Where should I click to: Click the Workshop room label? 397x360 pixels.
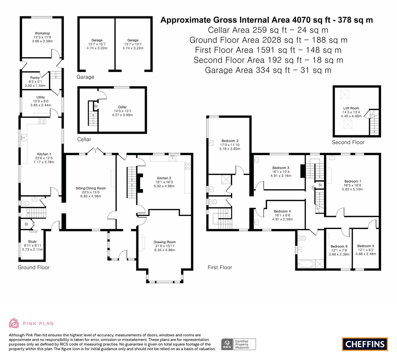pyautogui.click(x=42, y=33)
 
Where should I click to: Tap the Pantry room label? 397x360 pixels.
pyautogui.click(x=35, y=78)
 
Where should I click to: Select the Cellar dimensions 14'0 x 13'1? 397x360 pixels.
pyautogui.click(x=122, y=111)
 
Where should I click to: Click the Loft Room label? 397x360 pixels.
pyautogui.click(x=351, y=108)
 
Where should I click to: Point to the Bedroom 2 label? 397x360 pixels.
pyautogui.click(x=230, y=141)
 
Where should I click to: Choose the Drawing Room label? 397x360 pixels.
pyautogui.click(x=165, y=242)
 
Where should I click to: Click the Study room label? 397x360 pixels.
pyautogui.click(x=32, y=242)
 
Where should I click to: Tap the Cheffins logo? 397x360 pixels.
pyautogui.click(x=365, y=344)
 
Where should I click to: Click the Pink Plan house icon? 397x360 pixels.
pyautogui.click(x=14, y=323)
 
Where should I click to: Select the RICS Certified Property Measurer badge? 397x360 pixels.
pyautogui.click(x=239, y=344)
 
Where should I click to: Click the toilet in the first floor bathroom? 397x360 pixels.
pyautogui.click(x=302, y=238)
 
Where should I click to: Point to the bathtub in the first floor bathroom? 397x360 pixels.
pyautogui.click(x=307, y=264)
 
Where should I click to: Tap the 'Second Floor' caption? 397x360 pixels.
pyautogui.click(x=348, y=142)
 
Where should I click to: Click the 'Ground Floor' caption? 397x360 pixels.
pyautogui.click(x=34, y=267)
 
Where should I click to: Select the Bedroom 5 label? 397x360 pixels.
pyautogui.click(x=366, y=246)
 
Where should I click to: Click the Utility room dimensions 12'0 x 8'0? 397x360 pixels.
pyautogui.click(x=41, y=101)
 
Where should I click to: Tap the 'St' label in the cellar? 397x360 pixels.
pyautogui.click(x=96, y=106)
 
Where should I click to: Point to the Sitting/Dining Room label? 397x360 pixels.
pyautogui.click(x=91, y=188)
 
